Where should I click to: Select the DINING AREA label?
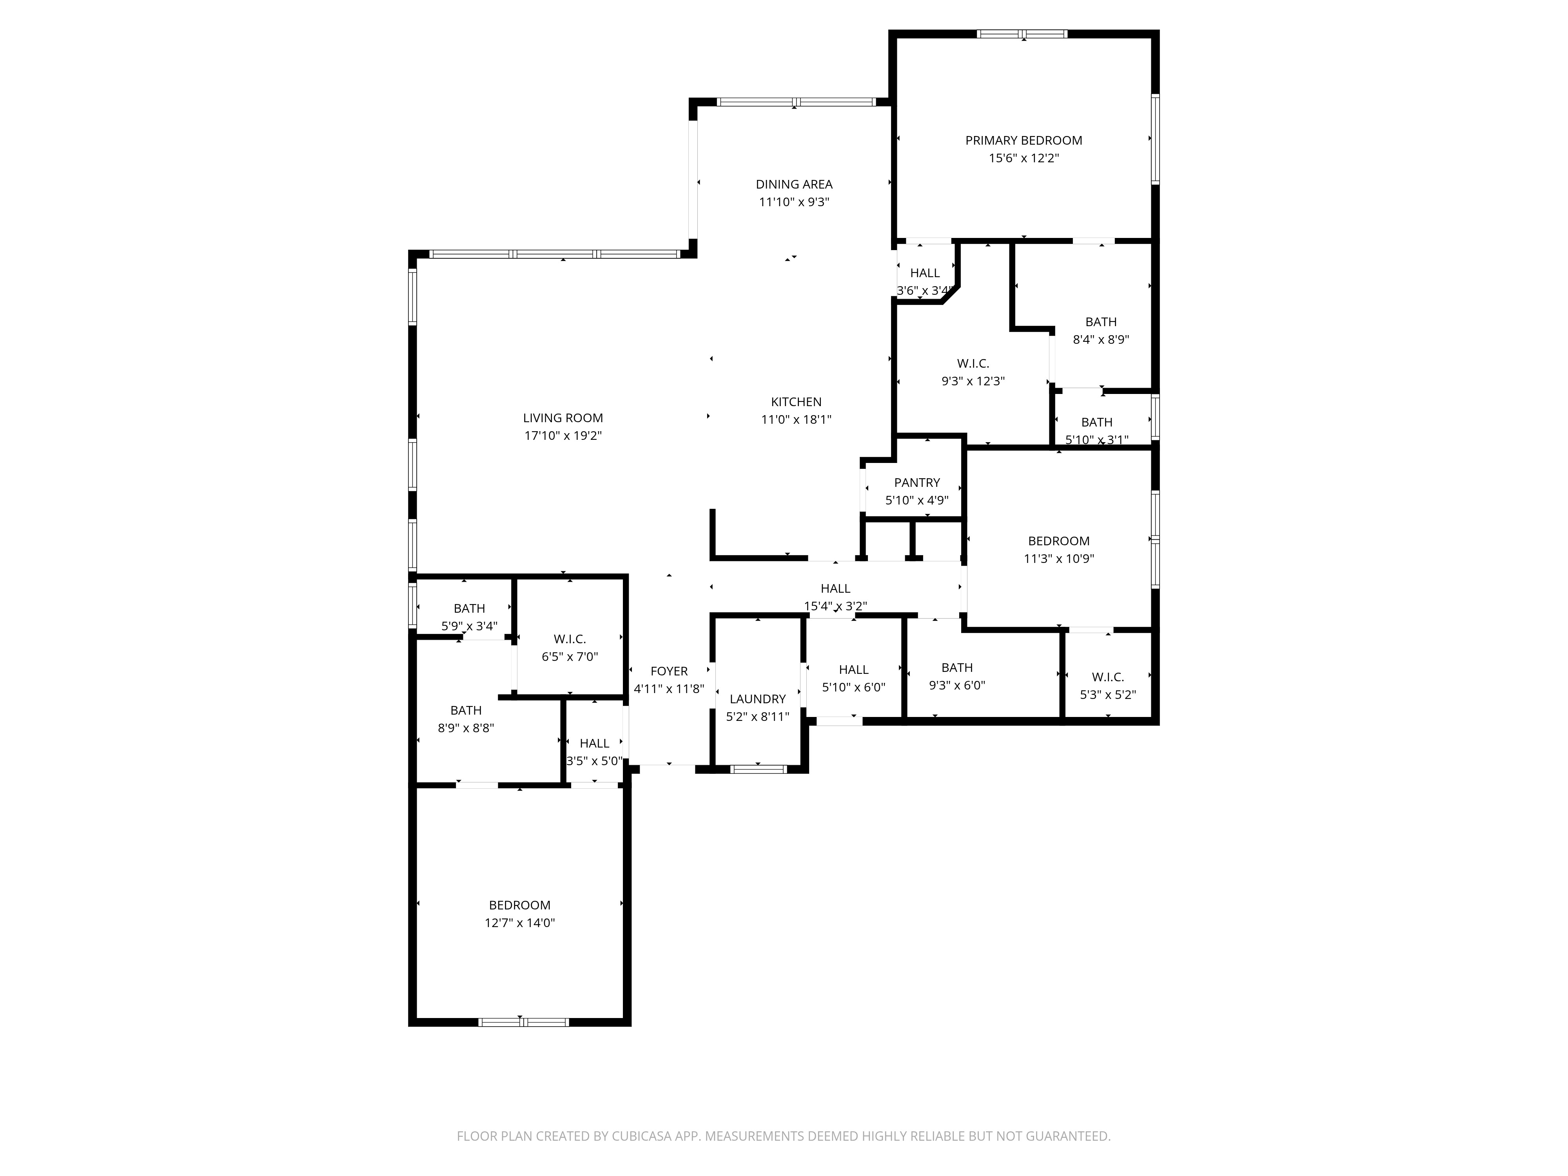(794, 184)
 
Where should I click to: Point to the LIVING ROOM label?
(563, 418)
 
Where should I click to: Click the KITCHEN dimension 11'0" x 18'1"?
(796, 420)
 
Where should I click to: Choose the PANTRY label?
(916, 483)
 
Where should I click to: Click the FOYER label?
(668, 671)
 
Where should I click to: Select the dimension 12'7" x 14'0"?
(519, 923)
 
